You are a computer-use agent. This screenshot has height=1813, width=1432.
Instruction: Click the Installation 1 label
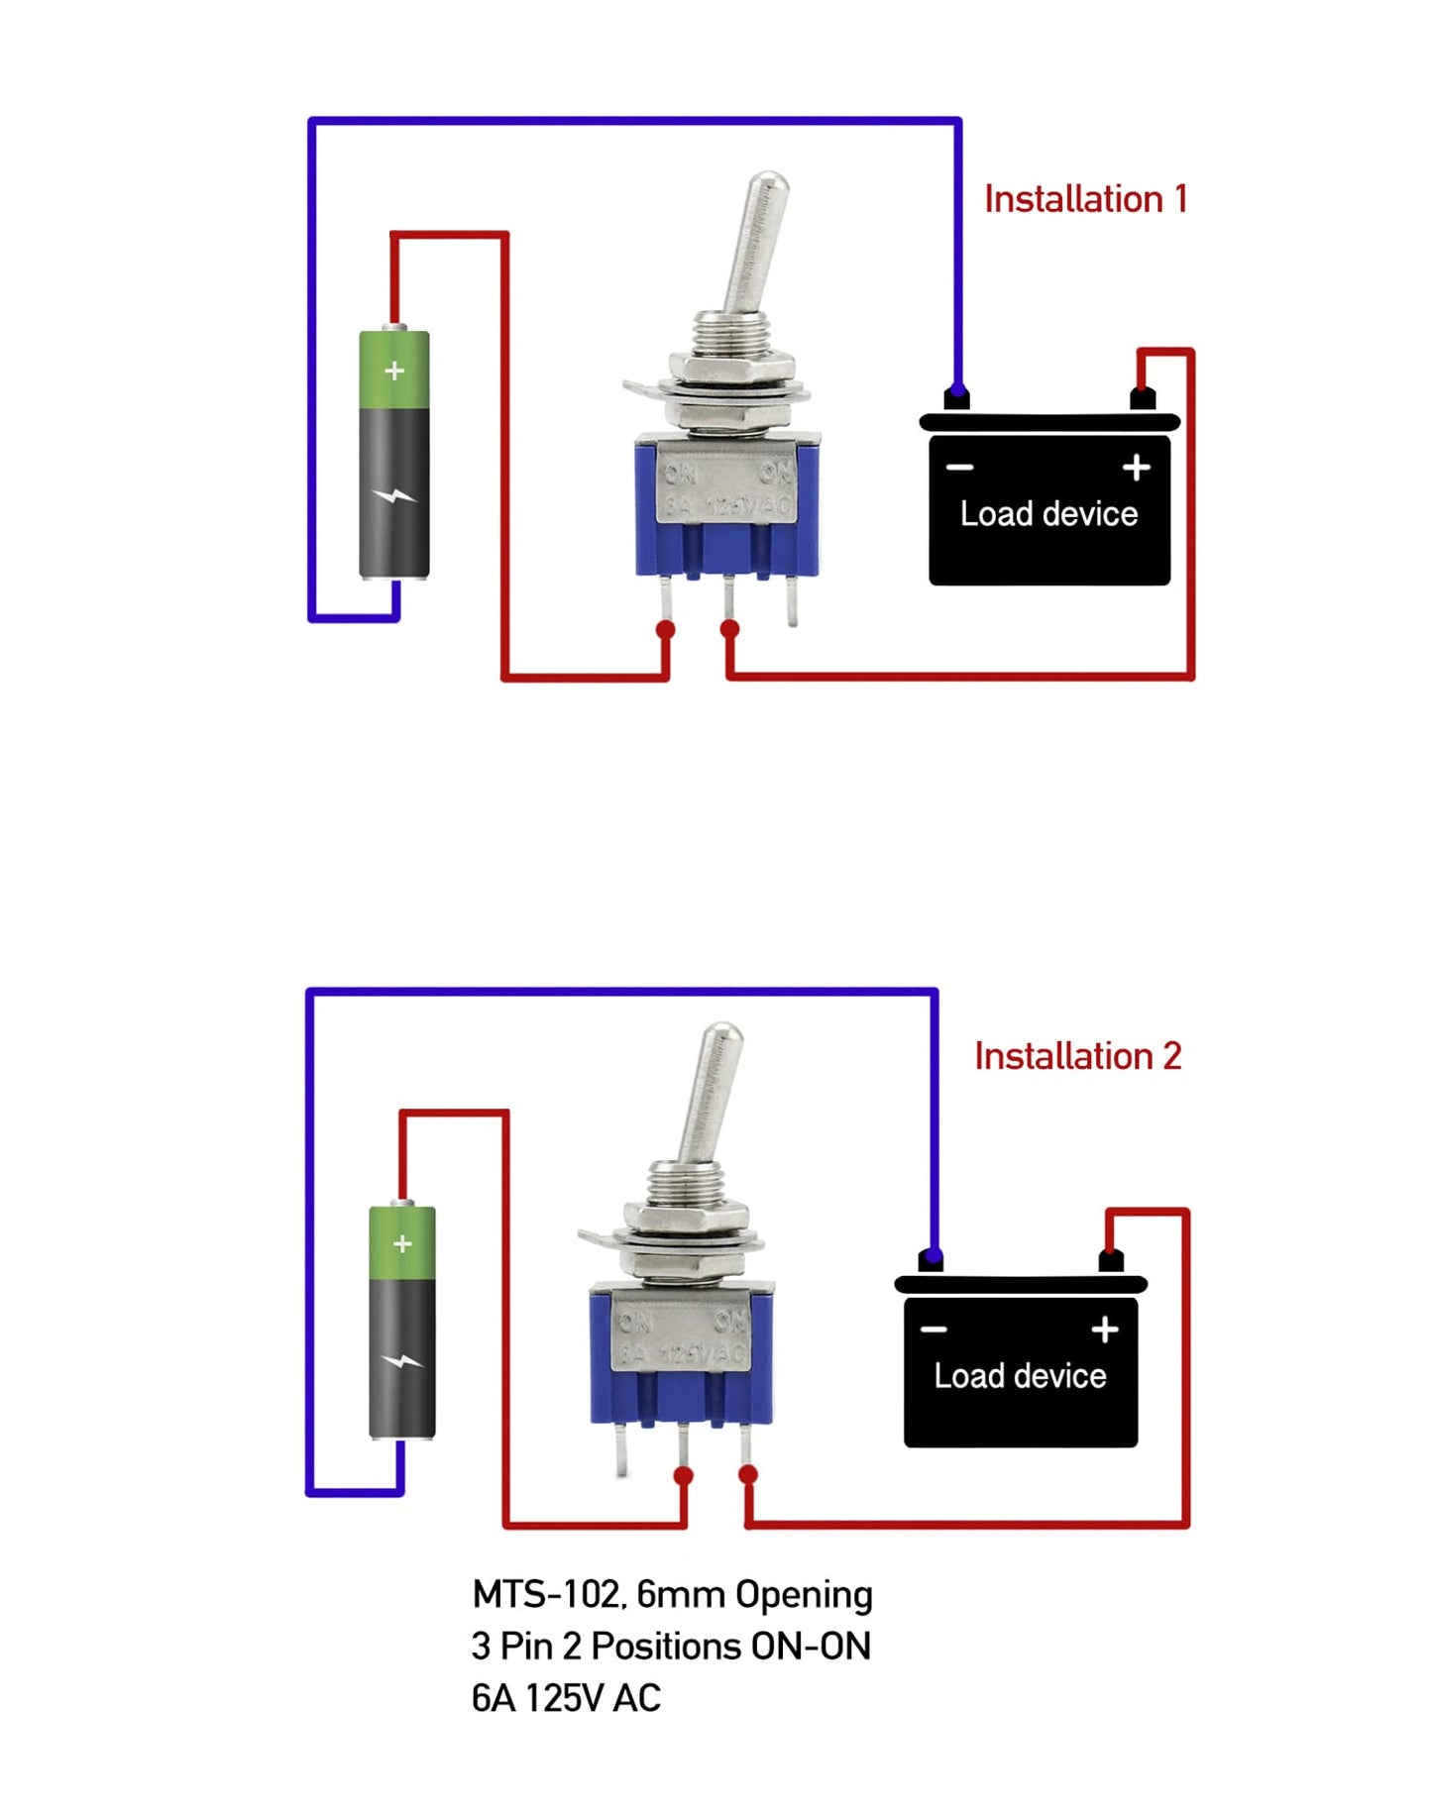point(1084,199)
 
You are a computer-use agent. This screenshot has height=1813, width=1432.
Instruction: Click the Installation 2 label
point(1077,1056)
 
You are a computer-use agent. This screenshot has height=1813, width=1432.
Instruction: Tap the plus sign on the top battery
point(394,371)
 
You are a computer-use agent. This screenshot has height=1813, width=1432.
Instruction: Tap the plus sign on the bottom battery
point(402,1243)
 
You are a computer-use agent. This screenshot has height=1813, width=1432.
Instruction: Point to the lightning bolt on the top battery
point(394,496)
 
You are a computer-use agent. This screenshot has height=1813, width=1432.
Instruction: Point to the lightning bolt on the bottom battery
point(402,1361)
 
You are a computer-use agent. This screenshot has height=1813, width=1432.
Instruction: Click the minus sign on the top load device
point(959,468)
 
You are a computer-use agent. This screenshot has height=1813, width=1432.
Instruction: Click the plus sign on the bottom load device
point(1105,1330)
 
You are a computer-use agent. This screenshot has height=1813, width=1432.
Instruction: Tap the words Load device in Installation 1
point(1048,514)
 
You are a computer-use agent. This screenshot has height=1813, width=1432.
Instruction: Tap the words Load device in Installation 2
point(1020,1376)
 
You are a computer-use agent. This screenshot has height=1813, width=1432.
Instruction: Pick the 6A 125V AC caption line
point(566,1698)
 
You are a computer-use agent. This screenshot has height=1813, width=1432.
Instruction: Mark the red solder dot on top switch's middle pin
point(729,629)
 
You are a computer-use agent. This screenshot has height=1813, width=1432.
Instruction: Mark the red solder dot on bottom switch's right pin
point(748,1475)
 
